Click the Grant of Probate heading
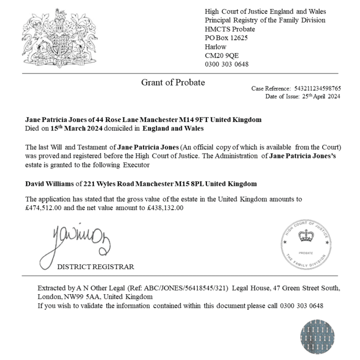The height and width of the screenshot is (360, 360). (173, 82)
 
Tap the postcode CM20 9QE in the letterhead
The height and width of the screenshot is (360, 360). (222, 55)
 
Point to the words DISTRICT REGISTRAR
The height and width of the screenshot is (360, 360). (95, 267)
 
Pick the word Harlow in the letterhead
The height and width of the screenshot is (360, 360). (216, 47)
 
